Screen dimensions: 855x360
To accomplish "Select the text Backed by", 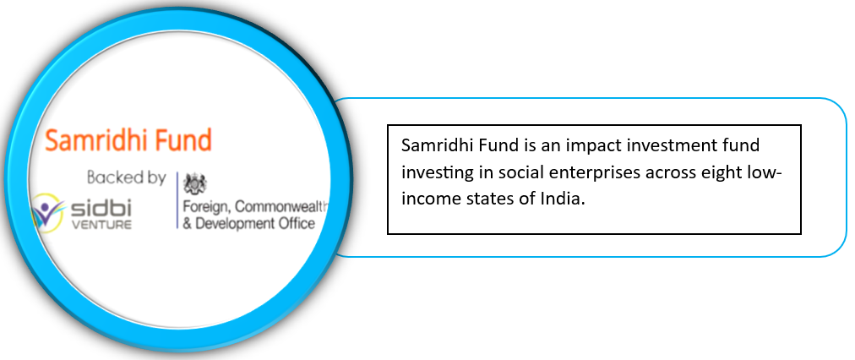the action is pyautogui.click(x=126, y=177).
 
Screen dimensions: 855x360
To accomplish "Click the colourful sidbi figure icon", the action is pyautogui.click(x=48, y=213).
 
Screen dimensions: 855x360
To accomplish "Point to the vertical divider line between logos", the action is pyautogui.click(x=177, y=200).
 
